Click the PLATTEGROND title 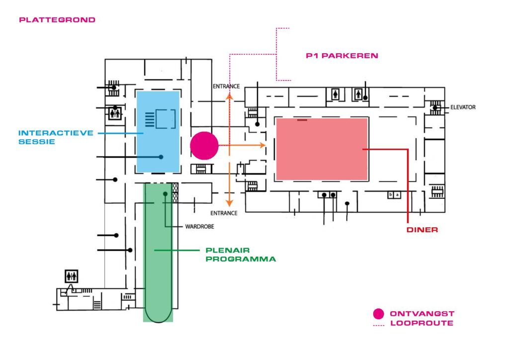(57, 20)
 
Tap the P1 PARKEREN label (342, 56)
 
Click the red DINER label (422, 230)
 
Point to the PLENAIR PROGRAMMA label (241, 255)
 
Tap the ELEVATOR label (463, 107)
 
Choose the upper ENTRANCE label (226, 86)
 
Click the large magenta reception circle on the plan (204, 146)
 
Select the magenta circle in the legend (379, 314)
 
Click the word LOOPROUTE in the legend (422, 323)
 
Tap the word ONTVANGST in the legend (422, 314)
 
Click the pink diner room (322, 149)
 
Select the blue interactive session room (158, 132)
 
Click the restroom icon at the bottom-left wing (71, 275)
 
